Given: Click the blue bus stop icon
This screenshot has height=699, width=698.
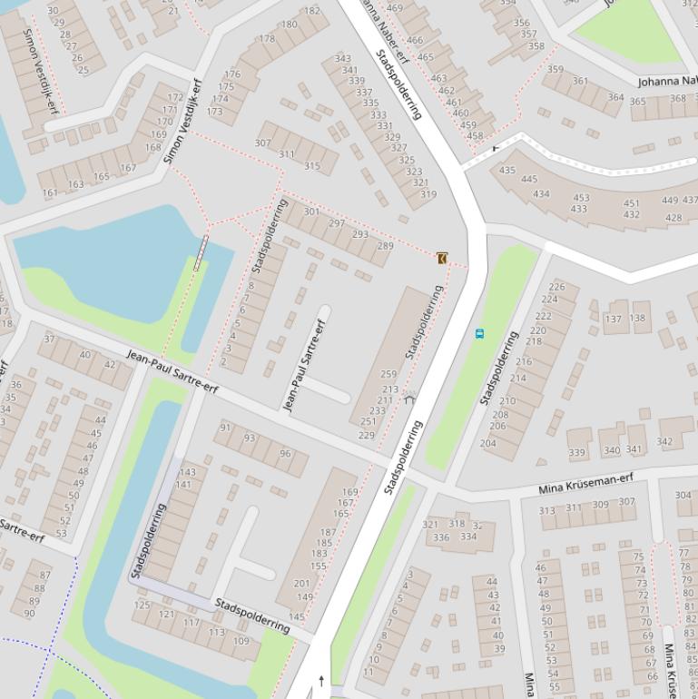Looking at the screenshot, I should (479, 333).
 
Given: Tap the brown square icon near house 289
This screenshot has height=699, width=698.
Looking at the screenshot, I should (442, 259).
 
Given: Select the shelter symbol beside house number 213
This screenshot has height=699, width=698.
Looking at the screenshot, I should (409, 397).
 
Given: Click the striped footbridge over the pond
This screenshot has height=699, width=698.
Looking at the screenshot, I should (200, 252).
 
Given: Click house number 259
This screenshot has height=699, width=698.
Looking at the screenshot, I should (388, 374).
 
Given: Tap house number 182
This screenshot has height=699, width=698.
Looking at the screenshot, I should (312, 11).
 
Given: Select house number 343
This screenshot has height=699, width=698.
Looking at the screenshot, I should (343, 59).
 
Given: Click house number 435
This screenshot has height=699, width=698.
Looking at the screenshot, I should (506, 171).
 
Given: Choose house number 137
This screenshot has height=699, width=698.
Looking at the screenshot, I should (614, 319).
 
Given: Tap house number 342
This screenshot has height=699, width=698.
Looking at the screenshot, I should (664, 442).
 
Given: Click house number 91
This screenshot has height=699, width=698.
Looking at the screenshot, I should (225, 428).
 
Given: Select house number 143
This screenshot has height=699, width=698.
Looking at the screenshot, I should (187, 472).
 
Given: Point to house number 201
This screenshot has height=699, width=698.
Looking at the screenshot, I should (302, 584).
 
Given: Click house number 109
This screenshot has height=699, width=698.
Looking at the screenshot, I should (241, 641).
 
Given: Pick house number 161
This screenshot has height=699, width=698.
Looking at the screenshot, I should (50, 193).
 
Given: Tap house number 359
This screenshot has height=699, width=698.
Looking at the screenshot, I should (555, 70).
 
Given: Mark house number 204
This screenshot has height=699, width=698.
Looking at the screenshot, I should (487, 444).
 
